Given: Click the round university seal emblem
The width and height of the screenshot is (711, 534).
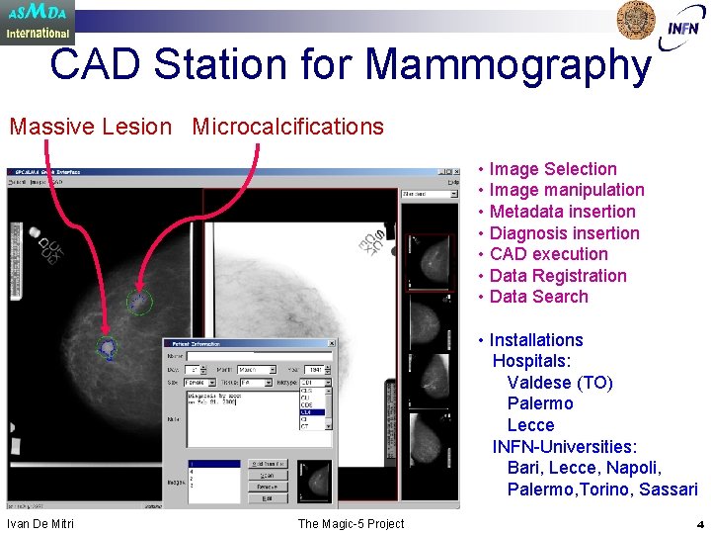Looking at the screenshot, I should click(636, 20).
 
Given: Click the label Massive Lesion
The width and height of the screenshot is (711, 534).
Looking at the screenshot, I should click(90, 127).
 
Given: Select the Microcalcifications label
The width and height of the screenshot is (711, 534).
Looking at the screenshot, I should click(287, 127).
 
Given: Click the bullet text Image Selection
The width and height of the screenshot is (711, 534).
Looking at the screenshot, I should click(552, 169).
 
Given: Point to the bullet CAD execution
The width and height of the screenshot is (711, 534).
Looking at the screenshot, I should click(548, 254).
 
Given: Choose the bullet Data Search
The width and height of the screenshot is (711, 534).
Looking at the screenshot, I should click(538, 297).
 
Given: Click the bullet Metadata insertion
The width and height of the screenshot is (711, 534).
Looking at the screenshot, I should click(562, 212).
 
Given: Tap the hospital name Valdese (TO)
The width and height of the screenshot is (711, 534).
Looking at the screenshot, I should click(559, 383).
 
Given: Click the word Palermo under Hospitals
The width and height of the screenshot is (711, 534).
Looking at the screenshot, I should click(539, 403).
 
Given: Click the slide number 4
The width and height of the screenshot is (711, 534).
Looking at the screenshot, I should click(699, 524).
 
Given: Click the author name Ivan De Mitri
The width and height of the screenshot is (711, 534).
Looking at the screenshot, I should click(40, 523).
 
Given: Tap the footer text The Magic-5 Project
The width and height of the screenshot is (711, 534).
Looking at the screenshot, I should click(351, 523).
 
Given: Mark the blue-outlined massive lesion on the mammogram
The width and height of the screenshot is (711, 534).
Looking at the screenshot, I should click(107, 346).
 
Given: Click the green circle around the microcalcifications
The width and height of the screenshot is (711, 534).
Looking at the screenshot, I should click(139, 301).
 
